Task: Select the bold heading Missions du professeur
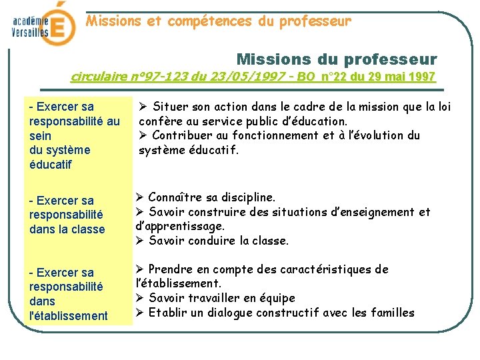tap(337, 59)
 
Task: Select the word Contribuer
tap(183, 135)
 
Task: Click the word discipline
tap(248, 197)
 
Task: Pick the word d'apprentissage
tap(179, 227)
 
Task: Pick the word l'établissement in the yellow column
tap(69, 316)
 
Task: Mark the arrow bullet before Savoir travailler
tap(140, 298)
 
